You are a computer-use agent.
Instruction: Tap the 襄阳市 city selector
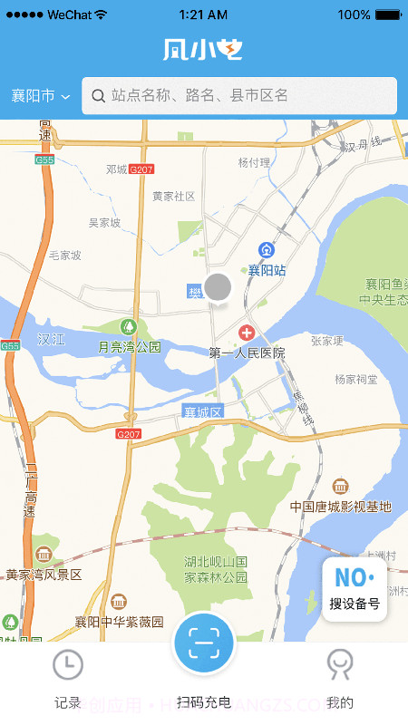point(41,96)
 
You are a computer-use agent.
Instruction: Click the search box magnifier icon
point(98,95)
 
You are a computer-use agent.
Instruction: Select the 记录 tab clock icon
point(68,665)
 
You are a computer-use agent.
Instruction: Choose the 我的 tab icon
point(340,665)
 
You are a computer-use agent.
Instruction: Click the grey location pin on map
point(218,287)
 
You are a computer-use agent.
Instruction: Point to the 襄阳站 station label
point(267,270)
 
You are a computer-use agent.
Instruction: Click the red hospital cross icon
point(246,333)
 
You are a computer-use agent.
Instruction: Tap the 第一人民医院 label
point(247,353)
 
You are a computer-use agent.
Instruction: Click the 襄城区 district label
point(202,412)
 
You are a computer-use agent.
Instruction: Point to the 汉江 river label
point(52,339)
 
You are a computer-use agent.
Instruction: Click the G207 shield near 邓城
point(141,169)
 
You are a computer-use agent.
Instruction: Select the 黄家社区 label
point(173,196)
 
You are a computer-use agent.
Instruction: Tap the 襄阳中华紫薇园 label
point(119,622)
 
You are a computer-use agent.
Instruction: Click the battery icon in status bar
point(388,14)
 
